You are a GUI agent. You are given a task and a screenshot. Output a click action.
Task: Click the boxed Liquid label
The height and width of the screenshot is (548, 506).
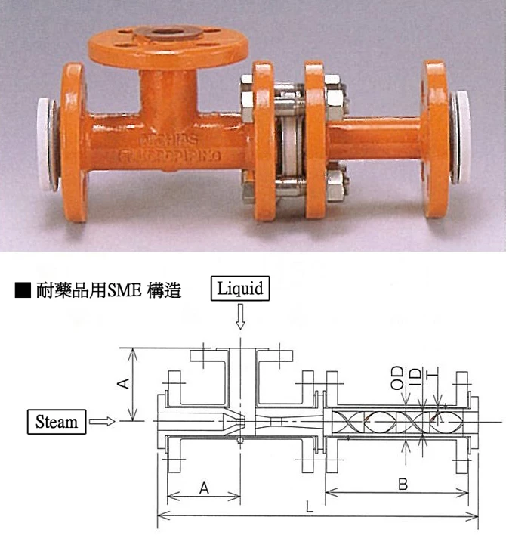(240, 289)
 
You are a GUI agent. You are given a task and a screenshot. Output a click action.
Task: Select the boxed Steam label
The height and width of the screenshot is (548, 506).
(57, 421)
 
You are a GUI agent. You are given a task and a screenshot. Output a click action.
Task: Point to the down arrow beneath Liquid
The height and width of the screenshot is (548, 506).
(240, 317)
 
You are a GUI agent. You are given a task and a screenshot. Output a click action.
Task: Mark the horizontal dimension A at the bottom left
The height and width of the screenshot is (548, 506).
(203, 488)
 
